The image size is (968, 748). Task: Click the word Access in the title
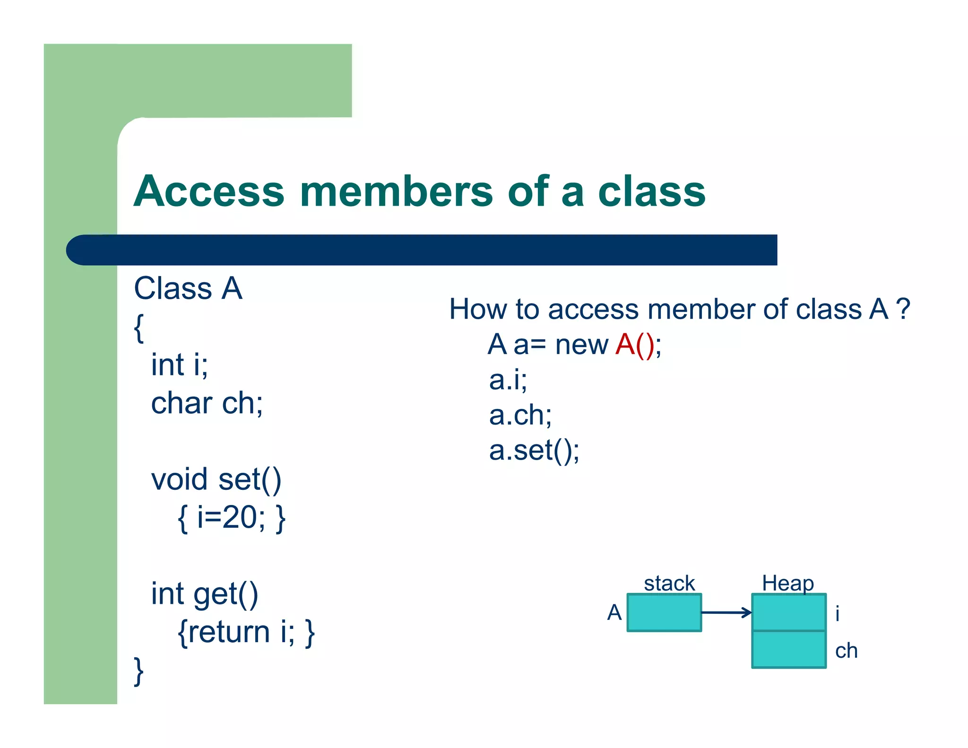click(209, 191)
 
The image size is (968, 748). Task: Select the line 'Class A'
click(188, 288)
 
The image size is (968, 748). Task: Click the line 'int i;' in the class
click(179, 365)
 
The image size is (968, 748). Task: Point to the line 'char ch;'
click(207, 403)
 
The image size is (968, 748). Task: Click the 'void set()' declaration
click(216, 479)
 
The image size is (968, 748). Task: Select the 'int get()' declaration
click(204, 594)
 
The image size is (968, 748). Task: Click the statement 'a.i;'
click(508, 380)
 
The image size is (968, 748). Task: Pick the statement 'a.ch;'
click(520, 415)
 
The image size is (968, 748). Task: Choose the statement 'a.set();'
click(534, 450)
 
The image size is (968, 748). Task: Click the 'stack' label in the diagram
click(669, 583)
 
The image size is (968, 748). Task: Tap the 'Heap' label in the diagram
click(787, 583)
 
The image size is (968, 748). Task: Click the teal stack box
click(664, 613)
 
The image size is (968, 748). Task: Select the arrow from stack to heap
click(726, 613)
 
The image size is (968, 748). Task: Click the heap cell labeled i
click(788, 613)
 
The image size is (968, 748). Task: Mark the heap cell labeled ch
click(788, 649)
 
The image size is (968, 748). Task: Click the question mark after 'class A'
click(903, 309)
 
